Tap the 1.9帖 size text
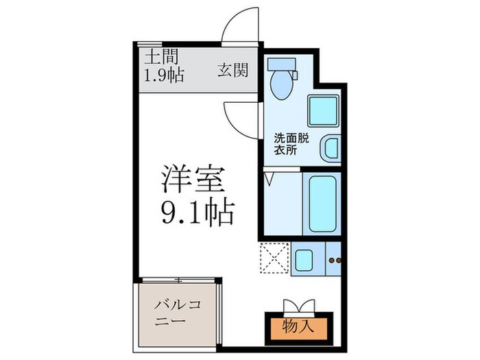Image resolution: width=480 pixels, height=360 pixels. (x=163, y=75)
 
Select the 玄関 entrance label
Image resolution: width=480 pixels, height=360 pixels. (x=233, y=70)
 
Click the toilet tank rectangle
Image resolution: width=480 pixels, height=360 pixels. (x=280, y=66)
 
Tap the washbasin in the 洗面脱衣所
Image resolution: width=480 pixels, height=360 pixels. (x=330, y=147)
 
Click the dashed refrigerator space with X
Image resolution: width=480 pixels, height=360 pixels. (x=274, y=259)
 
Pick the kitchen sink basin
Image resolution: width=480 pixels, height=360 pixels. (x=302, y=259)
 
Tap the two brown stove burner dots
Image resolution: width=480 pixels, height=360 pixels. (x=335, y=260)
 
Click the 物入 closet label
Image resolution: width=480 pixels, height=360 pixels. (x=299, y=326)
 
